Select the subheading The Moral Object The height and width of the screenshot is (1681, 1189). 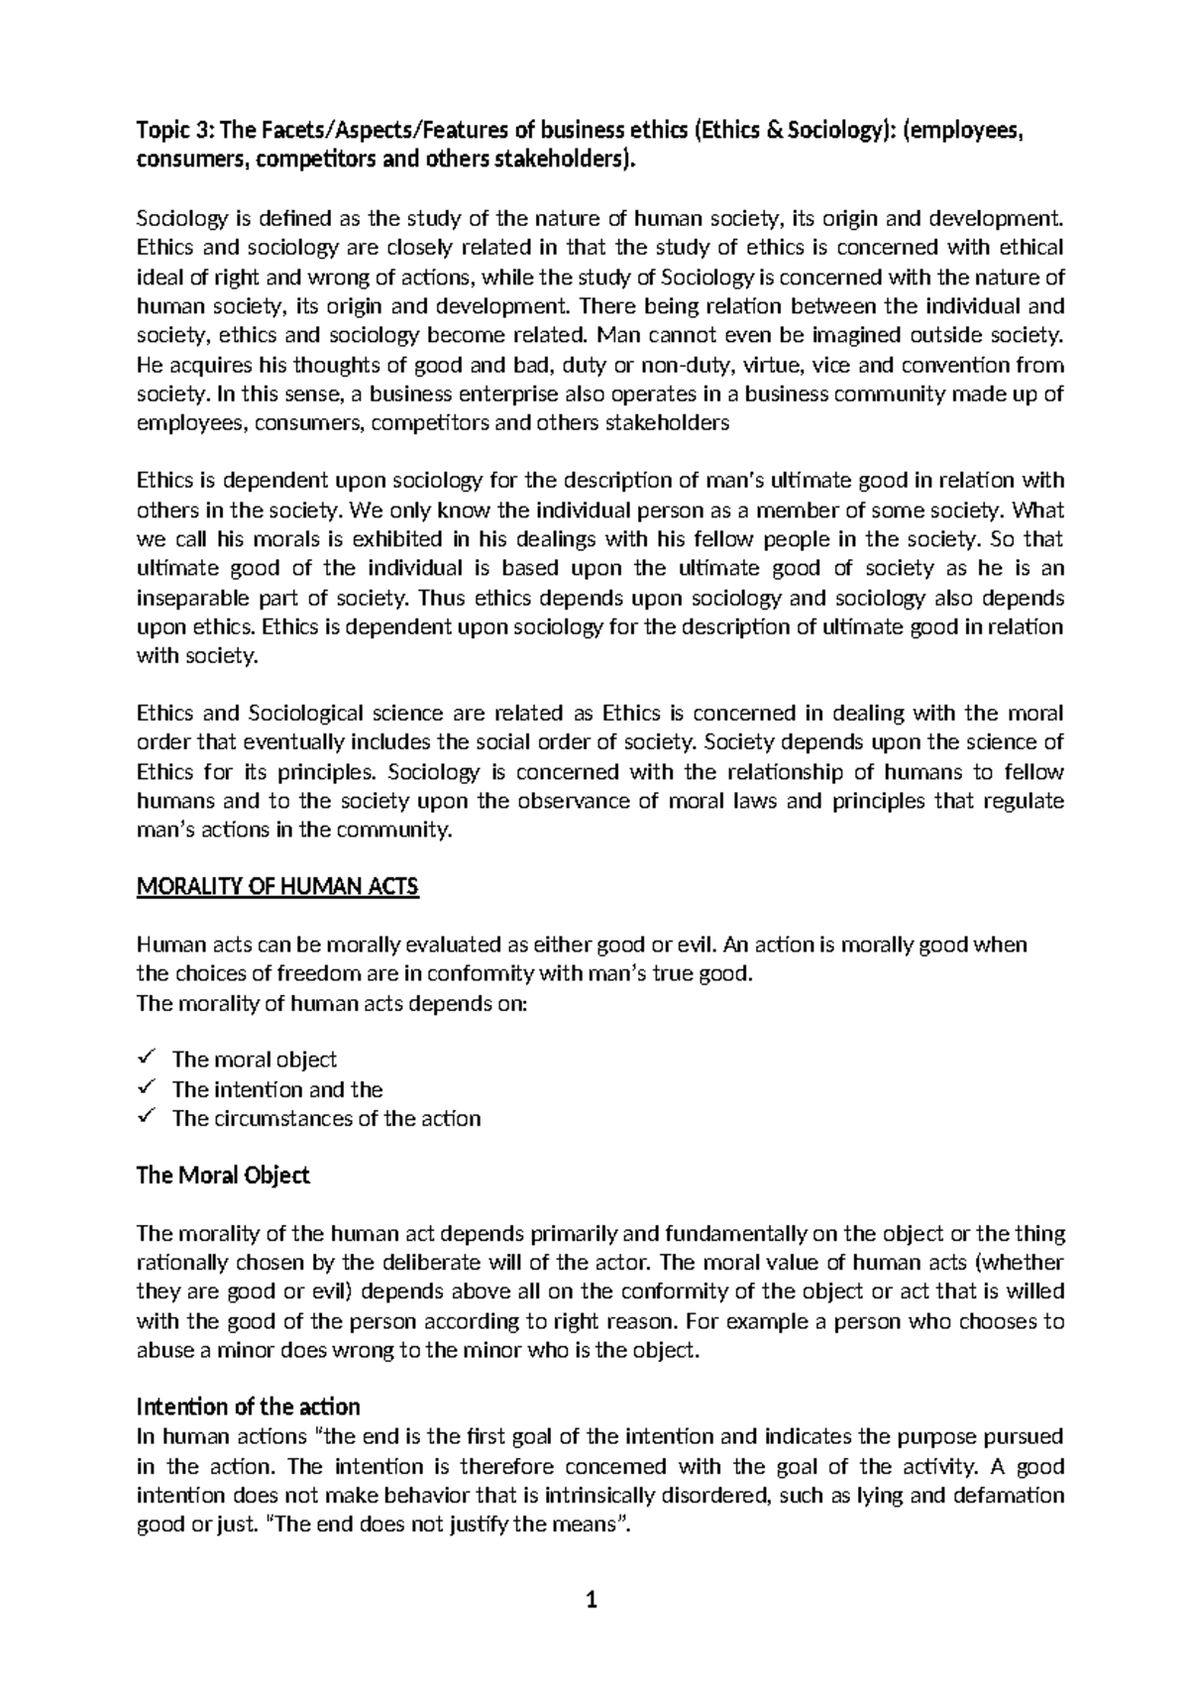point(222,1176)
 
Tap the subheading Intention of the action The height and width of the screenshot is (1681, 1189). point(248,1406)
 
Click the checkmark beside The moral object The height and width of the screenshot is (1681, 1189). point(146,1059)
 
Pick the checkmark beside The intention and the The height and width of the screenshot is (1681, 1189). point(146,1088)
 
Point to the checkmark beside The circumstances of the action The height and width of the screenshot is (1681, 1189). point(146,1117)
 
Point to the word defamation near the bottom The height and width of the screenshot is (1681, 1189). point(1008,1495)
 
